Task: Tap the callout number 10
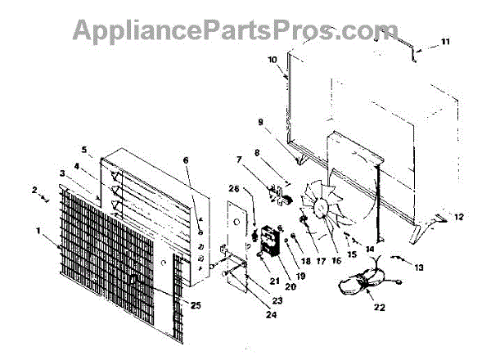pos(273,58)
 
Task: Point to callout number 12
pos(458,217)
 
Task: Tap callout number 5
pos(85,150)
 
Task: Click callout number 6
pos(185,161)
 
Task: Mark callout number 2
pos(34,190)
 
